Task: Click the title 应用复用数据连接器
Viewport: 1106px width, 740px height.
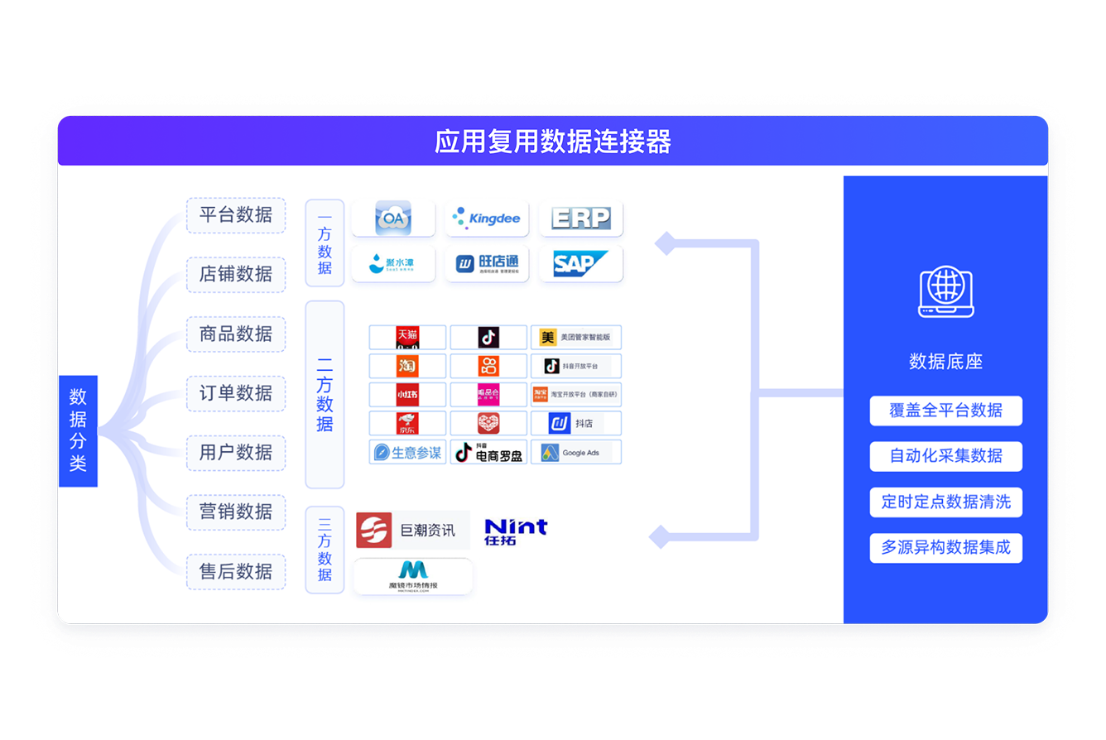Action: [x=552, y=142]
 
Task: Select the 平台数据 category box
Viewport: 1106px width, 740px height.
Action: [x=236, y=215]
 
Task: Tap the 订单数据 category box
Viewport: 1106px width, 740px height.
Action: [x=236, y=393]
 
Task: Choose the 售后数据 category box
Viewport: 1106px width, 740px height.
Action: [x=236, y=572]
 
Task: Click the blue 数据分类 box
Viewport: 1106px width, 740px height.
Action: [x=78, y=430]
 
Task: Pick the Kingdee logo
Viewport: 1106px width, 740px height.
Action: [x=487, y=219]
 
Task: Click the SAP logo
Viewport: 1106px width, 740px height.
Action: [x=580, y=264]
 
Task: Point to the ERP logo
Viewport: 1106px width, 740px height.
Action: [x=580, y=219]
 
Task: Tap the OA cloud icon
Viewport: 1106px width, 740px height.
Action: [x=393, y=219]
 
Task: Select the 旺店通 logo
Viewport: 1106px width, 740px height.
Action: [x=487, y=264]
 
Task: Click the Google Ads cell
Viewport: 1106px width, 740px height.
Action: [x=576, y=453]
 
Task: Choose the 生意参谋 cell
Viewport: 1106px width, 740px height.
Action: [x=407, y=453]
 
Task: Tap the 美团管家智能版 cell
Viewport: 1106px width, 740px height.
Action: [x=576, y=338]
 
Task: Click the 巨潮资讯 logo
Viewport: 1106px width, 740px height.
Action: [x=412, y=531]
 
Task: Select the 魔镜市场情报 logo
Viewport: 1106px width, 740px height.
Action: [x=413, y=576]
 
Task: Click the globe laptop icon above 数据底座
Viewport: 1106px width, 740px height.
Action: [x=945, y=291]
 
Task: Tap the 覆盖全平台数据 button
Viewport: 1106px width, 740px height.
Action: [x=945, y=411]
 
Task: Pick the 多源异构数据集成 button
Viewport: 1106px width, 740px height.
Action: [x=945, y=548]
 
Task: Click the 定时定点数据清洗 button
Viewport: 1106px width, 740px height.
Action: [x=945, y=502]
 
